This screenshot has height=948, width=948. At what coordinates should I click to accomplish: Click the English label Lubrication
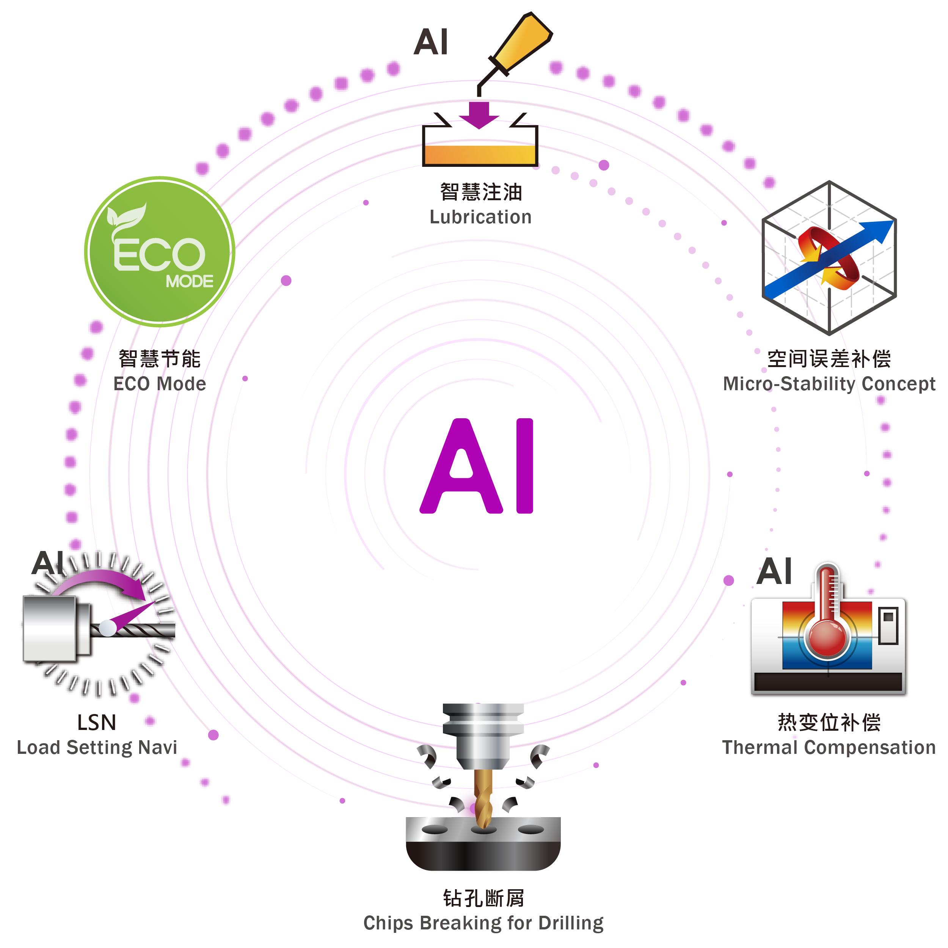[x=480, y=217]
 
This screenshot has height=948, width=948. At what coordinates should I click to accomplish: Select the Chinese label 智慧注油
[x=480, y=192]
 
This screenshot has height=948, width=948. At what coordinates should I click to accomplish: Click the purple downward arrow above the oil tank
[x=479, y=114]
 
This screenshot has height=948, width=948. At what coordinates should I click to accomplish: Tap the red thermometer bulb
[x=828, y=638]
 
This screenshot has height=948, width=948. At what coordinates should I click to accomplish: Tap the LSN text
[x=97, y=722]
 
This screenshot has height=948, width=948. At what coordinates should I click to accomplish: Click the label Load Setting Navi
[x=97, y=747]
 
